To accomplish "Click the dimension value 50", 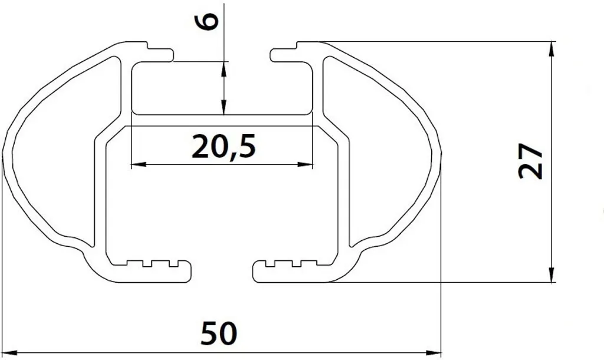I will coord(219,333).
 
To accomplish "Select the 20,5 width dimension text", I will coord(224,147).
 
